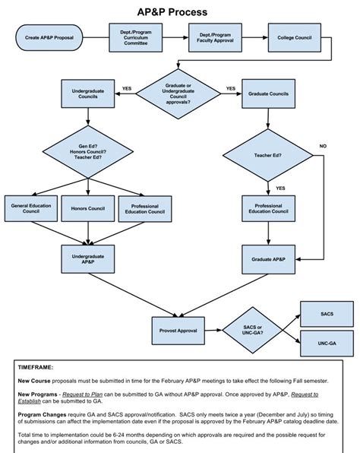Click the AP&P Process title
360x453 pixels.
tap(180, 12)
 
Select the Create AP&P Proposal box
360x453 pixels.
tap(49, 36)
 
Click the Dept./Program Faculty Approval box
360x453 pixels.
tap(215, 36)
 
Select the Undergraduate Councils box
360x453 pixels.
tap(87, 93)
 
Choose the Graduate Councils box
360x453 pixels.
tap(268, 93)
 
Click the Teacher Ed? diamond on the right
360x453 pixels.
tap(267, 155)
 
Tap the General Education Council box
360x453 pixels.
tap(30, 207)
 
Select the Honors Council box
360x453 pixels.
tap(87, 207)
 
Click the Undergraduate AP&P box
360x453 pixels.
tap(87, 259)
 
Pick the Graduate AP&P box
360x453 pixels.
tap(268, 259)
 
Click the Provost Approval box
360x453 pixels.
tap(178, 331)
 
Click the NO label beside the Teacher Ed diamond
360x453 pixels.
tap(323, 145)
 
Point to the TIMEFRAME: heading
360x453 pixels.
tap(36, 367)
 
